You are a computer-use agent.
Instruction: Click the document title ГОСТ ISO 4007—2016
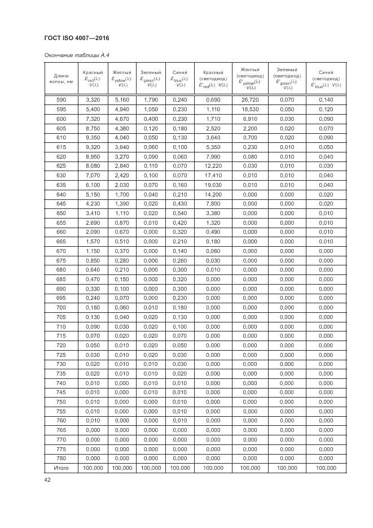pyautogui.click(x=76, y=38)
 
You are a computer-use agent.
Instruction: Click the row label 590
pyautogui.click(x=62, y=99)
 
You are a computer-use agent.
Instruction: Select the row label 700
pyautogui.click(x=62, y=307)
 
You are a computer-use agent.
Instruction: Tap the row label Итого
pyautogui.click(x=62, y=468)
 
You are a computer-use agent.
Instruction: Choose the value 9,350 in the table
pyautogui.click(x=93, y=137)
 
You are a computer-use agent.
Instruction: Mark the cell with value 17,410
pyautogui.click(x=213, y=175)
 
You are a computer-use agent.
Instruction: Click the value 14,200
pyautogui.click(x=213, y=194)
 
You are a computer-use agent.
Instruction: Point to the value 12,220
pyautogui.click(x=213, y=165)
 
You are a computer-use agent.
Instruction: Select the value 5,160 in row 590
pyautogui.click(x=122, y=99)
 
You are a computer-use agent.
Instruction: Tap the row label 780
pyautogui.click(x=62, y=459)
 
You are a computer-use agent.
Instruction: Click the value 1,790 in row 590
pyautogui.click(x=151, y=99)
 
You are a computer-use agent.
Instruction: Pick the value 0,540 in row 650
pyautogui.click(x=180, y=213)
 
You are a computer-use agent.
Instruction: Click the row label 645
pyautogui.click(x=62, y=203)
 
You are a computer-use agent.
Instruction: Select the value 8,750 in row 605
pyautogui.click(x=93, y=128)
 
